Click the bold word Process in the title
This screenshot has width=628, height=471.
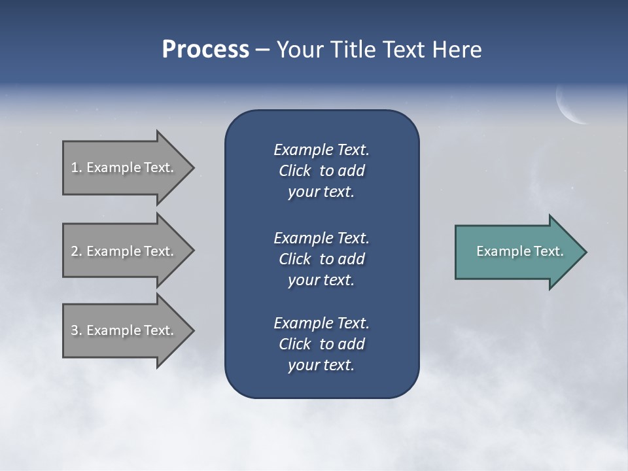pyautogui.click(x=205, y=50)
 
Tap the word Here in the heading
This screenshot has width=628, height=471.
pyautogui.click(x=457, y=50)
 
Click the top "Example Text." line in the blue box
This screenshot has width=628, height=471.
pyautogui.click(x=321, y=150)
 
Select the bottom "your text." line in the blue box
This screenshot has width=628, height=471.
pyautogui.click(x=321, y=365)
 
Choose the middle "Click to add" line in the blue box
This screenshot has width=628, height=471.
pyautogui.click(x=321, y=259)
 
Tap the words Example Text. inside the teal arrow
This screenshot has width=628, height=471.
pyautogui.click(x=520, y=251)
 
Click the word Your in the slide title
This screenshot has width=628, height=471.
pyautogui.click(x=300, y=50)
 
